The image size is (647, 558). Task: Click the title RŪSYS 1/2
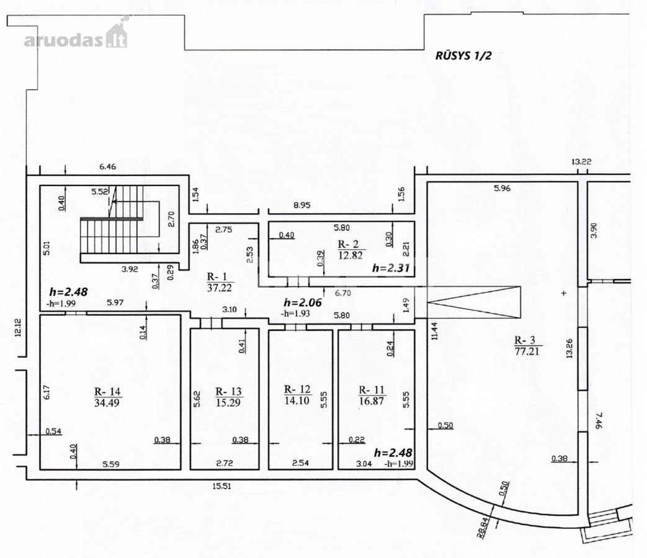tap(463, 55)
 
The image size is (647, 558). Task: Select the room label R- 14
tap(107, 391)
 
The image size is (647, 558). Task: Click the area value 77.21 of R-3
tap(527, 352)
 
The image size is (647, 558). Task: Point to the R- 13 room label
tap(229, 391)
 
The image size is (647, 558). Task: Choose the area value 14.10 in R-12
tap(297, 400)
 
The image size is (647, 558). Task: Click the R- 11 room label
tap(372, 390)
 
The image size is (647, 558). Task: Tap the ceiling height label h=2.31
tap(391, 268)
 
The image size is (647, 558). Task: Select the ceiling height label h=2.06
tap(303, 303)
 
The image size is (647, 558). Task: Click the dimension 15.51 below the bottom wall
tap(221, 486)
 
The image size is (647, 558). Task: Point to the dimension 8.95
tap(302, 205)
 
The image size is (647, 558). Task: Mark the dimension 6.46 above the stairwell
tap(108, 167)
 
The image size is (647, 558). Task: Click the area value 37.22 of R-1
tap(219, 288)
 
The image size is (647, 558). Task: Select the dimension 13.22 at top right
tap(581, 162)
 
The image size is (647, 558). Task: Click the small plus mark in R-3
tap(564, 293)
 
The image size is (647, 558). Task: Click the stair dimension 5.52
tap(99, 192)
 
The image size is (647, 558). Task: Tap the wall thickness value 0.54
tap(53, 432)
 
